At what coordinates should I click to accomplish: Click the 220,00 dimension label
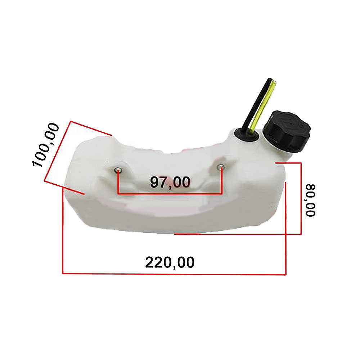coord(170,262)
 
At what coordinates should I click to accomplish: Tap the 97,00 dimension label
coord(170,182)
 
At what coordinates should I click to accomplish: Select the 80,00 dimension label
coord(310,200)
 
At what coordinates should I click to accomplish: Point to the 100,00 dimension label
coord(46,145)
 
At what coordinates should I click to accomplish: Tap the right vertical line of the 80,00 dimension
coord(301,198)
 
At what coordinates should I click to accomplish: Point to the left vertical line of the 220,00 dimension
coord(63,230)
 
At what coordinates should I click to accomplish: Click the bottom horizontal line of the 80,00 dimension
coord(238,234)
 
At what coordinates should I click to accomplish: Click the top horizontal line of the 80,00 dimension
coord(288,163)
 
